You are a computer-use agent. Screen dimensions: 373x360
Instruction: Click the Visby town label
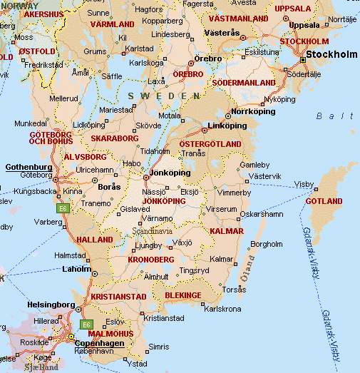303,183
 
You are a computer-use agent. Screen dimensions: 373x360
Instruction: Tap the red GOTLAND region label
324,202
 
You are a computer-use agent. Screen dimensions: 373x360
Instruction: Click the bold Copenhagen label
100,343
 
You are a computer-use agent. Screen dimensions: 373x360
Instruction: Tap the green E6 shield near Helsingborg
87,325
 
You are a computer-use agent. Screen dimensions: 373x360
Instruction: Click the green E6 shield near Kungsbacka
63,208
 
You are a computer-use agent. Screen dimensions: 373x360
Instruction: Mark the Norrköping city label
254,111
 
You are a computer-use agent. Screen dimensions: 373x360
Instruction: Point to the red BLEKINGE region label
183,295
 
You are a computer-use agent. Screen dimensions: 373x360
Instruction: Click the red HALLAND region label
95,240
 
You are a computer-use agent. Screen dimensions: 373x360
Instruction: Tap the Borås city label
109,186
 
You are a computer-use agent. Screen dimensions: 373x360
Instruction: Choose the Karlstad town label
139,48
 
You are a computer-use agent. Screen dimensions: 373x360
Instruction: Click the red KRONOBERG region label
150,259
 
